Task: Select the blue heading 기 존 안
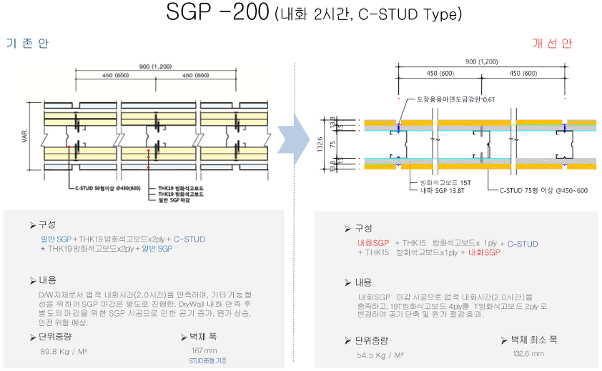(27, 44)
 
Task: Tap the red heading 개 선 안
(552, 44)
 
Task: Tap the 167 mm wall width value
(204, 351)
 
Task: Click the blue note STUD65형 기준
(208, 361)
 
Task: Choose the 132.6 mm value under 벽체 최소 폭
(528, 353)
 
